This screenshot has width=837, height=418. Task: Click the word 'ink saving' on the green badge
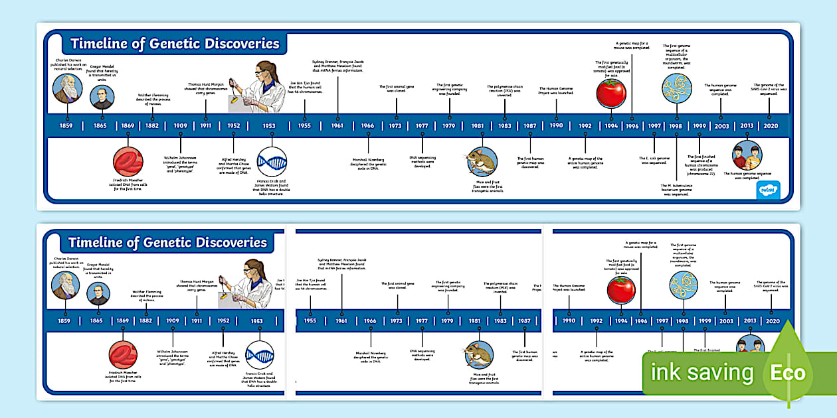701,373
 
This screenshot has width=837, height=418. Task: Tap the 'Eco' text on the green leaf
788,372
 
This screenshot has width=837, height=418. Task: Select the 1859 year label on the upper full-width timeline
66,125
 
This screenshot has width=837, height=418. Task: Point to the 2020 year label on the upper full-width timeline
771,125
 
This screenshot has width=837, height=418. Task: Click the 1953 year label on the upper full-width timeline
269,125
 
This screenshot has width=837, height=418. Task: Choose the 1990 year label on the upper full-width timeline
556,125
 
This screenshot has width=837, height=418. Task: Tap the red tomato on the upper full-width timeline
611,92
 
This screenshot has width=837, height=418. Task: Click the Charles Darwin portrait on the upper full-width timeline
67,88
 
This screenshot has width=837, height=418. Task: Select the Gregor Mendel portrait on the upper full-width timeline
102,98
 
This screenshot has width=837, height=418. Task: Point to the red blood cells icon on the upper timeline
128,162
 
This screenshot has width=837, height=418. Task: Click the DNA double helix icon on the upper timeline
272,162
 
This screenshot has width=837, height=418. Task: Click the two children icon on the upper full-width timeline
747,156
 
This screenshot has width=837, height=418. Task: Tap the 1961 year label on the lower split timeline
341,320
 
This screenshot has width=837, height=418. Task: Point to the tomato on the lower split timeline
622,289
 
